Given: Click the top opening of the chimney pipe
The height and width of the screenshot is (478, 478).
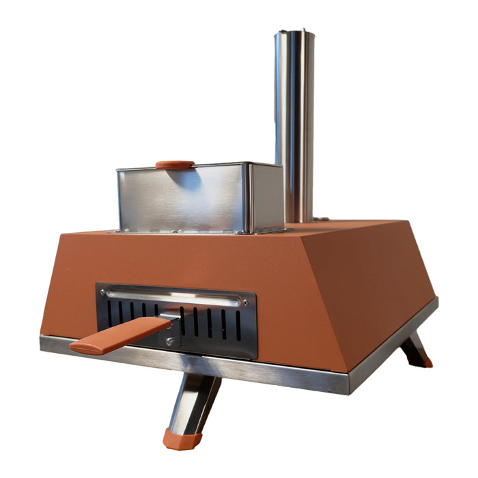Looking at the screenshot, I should (295, 32).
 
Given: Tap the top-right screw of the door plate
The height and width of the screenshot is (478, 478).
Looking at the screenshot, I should (244, 302).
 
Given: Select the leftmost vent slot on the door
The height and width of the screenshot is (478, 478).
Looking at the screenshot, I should (109, 313).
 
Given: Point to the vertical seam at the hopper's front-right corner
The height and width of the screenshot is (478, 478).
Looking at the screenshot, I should (250, 198).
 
